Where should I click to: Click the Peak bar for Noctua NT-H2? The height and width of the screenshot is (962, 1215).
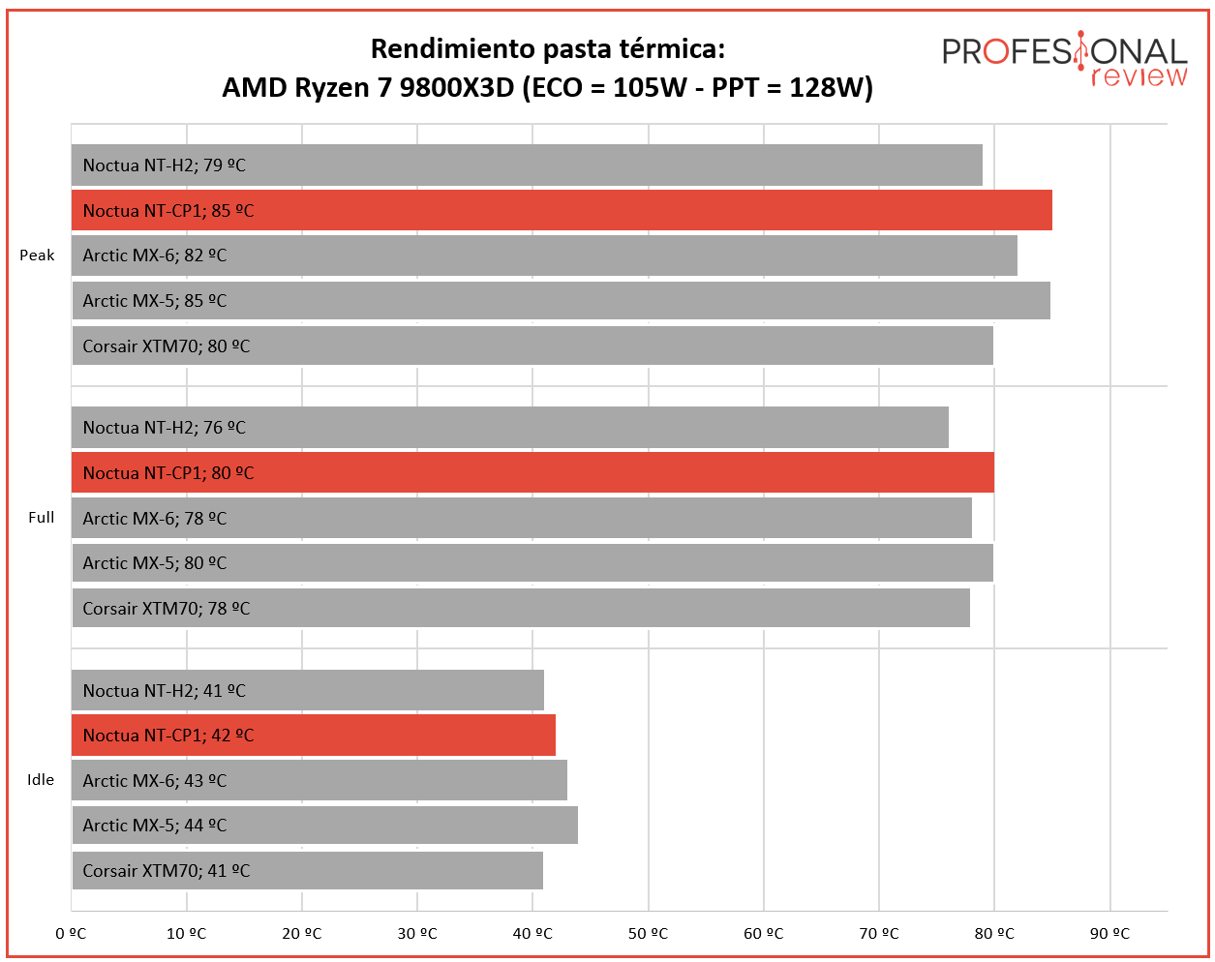click(527, 165)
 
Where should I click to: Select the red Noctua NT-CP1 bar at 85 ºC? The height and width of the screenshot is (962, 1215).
click(562, 210)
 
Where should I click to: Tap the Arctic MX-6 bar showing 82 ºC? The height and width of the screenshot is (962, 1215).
click(544, 256)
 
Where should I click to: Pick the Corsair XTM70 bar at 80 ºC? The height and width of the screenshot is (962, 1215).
click(532, 346)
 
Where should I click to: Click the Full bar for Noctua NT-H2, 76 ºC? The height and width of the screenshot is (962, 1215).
click(510, 428)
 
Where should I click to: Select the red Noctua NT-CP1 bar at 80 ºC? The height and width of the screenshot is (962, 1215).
click(532, 472)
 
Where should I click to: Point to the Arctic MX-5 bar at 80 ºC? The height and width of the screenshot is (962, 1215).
click(532, 563)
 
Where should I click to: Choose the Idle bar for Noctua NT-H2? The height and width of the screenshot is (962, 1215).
click(308, 690)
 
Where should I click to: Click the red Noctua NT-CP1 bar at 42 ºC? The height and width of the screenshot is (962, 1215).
click(314, 736)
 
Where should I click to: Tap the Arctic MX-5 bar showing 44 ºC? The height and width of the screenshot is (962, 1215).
click(325, 826)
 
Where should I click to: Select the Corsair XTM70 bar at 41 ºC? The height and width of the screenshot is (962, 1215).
click(308, 871)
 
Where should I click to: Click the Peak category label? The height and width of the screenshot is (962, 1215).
click(37, 256)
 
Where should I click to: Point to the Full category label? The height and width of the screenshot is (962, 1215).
click(42, 517)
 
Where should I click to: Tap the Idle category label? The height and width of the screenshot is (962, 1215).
click(41, 780)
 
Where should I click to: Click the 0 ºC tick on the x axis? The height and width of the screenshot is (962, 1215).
click(71, 934)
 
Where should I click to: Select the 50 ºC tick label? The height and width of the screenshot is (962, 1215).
click(648, 934)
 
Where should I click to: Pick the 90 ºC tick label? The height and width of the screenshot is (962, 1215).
click(1110, 934)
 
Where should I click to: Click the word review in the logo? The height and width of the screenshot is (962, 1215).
click(1139, 76)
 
